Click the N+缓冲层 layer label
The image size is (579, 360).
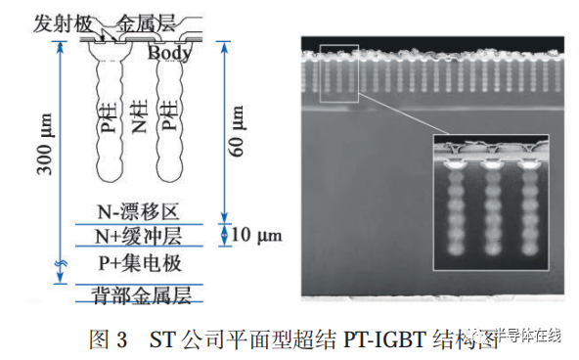139,237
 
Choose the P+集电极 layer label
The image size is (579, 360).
139,263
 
